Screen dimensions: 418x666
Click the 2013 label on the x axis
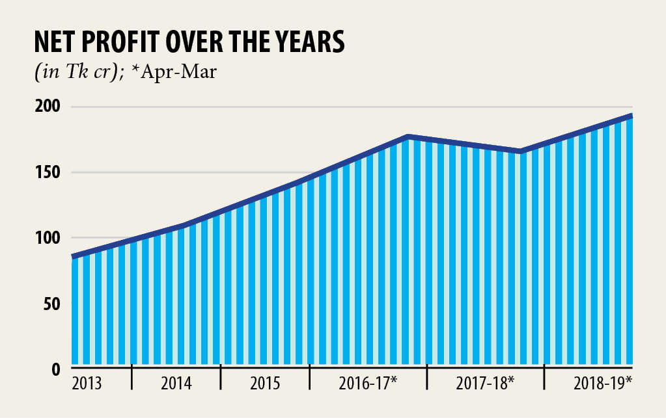(x=87, y=383)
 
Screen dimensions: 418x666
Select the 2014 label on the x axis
(x=176, y=383)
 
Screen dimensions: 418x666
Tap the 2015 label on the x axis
(x=265, y=383)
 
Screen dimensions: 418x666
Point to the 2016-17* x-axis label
(x=368, y=383)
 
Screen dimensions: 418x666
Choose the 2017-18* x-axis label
(x=485, y=383)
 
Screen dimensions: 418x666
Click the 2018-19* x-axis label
(x=603, y=383)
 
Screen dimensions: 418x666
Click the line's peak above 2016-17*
(x=408, y=137)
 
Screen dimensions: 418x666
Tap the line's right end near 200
(x=630, y=116)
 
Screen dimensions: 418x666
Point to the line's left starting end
(x=73, y=257)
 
